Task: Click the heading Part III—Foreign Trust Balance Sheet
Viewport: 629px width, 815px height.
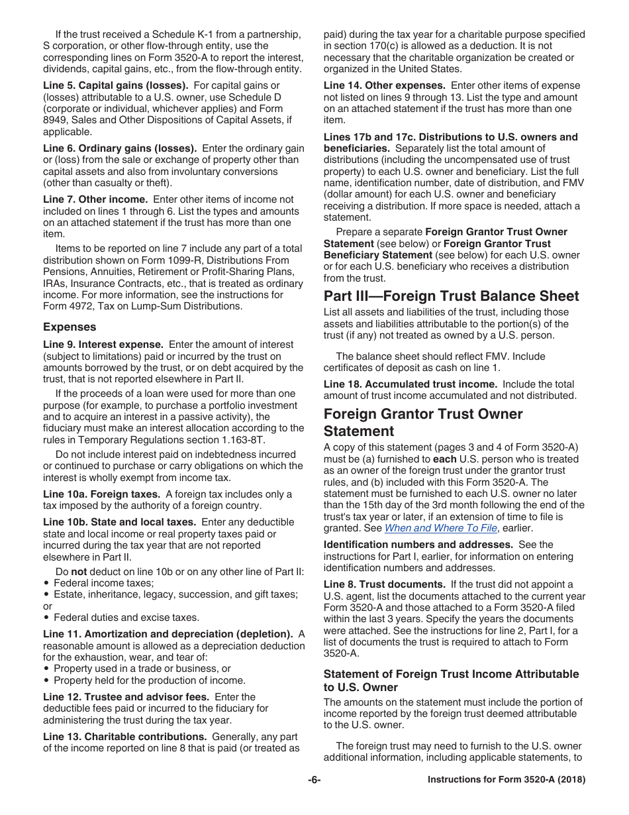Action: (451, 296)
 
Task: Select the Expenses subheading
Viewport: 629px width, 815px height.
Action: (70, 327)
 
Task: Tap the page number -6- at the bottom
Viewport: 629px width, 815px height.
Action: (314, 780)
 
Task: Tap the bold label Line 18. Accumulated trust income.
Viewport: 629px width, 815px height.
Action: (411, 384)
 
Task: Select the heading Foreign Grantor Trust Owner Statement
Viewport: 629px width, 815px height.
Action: (423, 422)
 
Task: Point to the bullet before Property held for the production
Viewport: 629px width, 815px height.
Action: (47, 680)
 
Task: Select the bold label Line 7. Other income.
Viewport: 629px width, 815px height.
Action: (95, 199)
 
